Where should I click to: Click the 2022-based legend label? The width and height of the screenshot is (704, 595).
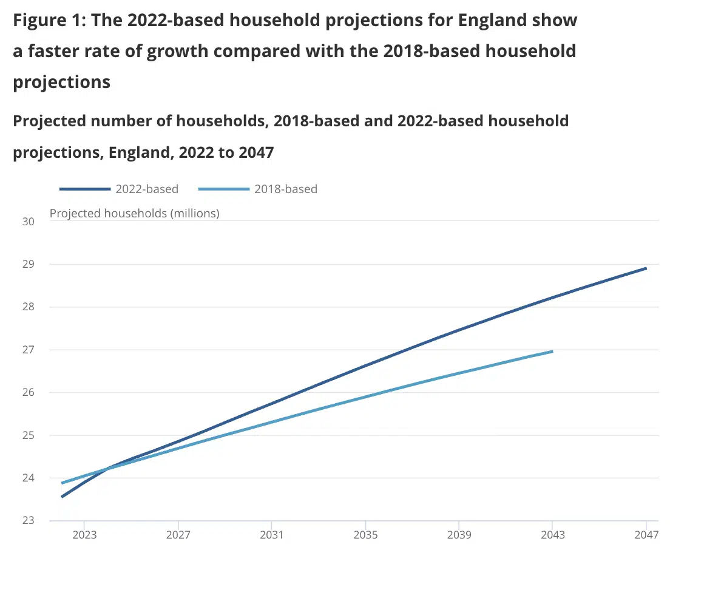147,189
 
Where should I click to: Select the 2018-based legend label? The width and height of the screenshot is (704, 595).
285,189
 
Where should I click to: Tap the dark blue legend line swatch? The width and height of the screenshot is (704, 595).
85,189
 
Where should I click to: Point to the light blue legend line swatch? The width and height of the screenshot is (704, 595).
224,189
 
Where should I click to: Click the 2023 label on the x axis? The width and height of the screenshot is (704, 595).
84,535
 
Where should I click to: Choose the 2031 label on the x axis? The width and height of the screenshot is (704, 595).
272,535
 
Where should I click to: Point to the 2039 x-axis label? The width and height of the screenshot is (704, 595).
459,535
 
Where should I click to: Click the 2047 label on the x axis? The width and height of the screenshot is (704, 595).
646,535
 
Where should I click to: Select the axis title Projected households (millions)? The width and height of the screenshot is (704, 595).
134,213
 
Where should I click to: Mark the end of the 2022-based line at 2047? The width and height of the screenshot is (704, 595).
646,268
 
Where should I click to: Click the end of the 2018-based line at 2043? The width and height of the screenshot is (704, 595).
552,351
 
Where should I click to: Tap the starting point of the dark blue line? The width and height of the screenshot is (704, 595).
62,497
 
